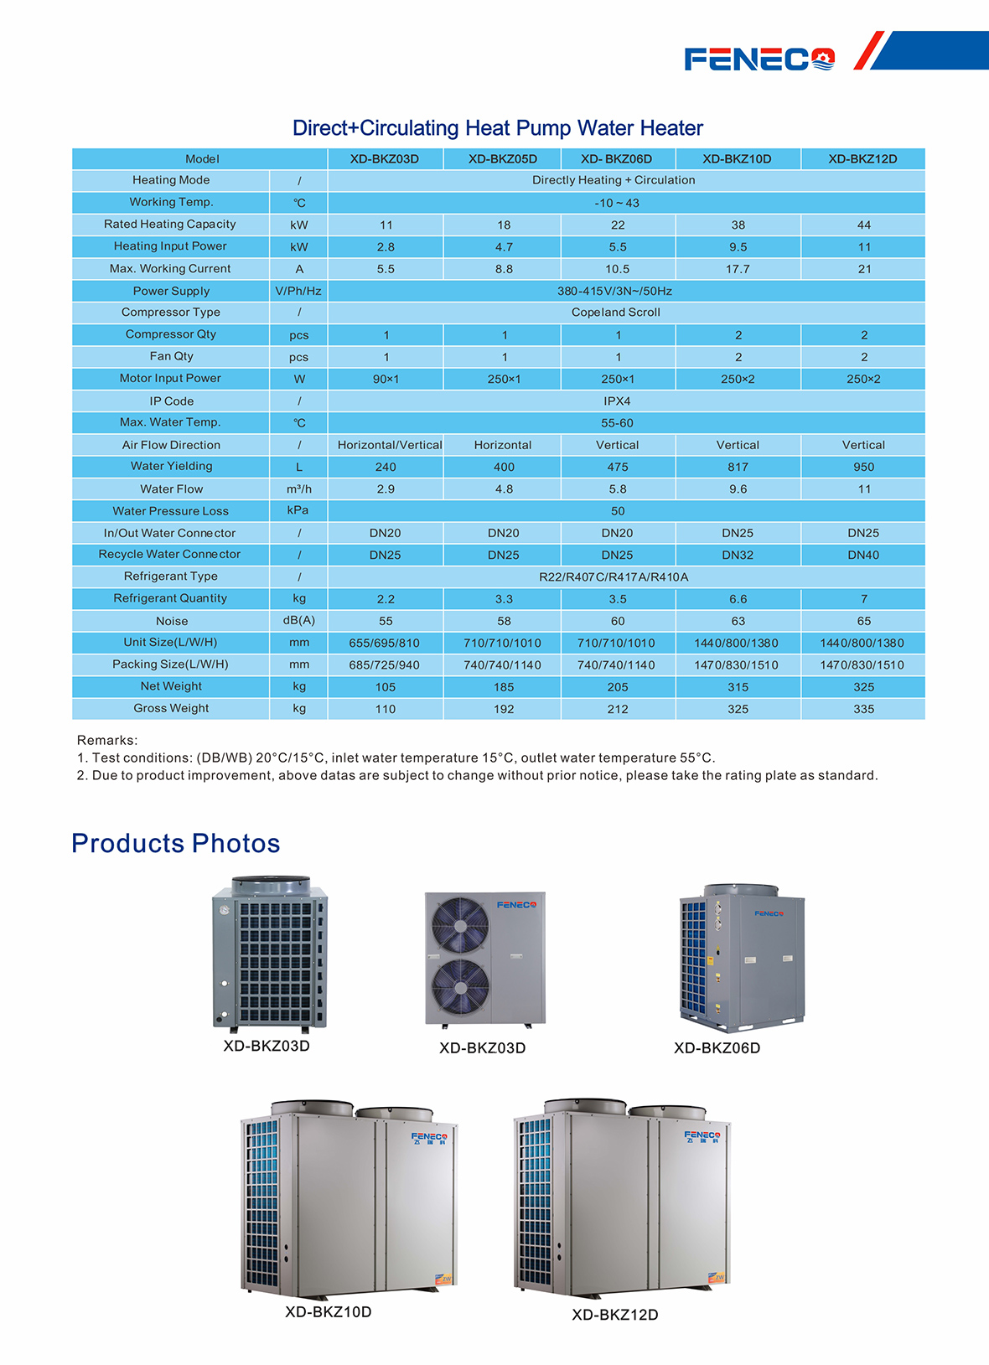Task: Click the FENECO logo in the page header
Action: tap(759, 59)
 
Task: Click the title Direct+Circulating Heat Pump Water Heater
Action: tap(497, 128)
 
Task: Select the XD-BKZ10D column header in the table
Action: tap(737, 159)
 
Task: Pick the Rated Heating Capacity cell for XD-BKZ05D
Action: tap(504, 225)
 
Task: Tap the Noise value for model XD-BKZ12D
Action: tap(863, 621)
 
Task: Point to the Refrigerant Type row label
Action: tap(170, 577)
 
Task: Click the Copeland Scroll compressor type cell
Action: tap(616, 313)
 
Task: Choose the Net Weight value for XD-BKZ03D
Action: tap(386, 687)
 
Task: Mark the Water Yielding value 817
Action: tap(738, 467)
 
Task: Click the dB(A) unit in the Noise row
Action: tap(299, 620)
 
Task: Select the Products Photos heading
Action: tap(176, 843)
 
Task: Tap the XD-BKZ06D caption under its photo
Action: tap(717, 1048)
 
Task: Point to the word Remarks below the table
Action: tap(107, 741)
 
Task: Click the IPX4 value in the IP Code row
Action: tap(617, 401)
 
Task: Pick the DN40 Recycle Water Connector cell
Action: tap(863, 555)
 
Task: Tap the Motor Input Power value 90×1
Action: tap(386, 379)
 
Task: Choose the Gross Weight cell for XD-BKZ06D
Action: tap(618, 709)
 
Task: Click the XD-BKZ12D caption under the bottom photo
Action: tap(615, 1315)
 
